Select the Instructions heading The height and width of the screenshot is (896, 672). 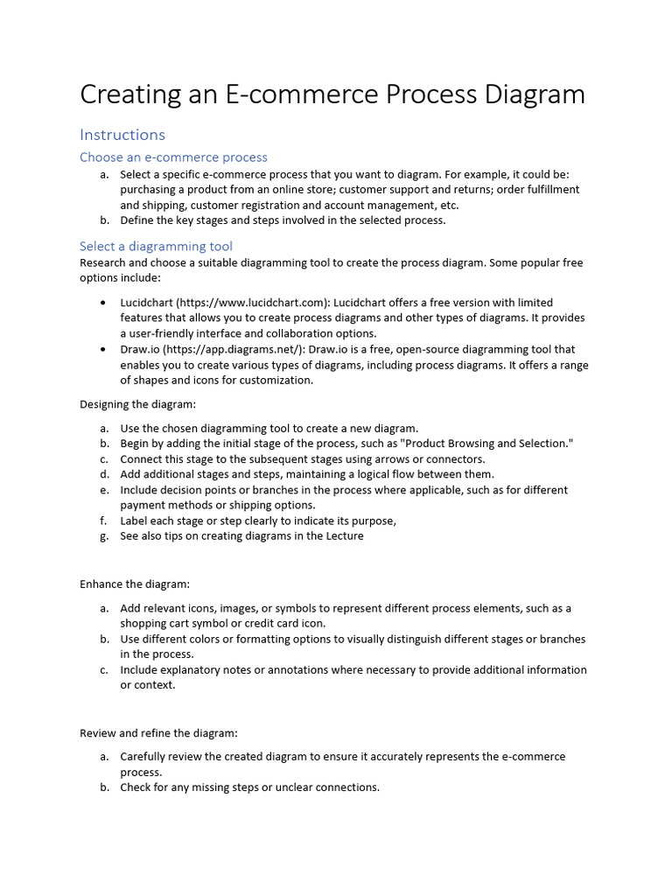point(122,135)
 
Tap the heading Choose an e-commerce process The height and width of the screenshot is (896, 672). point(173,157)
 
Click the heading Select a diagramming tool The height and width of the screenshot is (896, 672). point(156,247)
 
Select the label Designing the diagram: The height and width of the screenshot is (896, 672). point(138,404)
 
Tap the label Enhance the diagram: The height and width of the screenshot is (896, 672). point(135,584)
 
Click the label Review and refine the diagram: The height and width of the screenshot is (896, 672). point(158,732)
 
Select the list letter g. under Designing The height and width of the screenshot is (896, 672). point(104,536)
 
